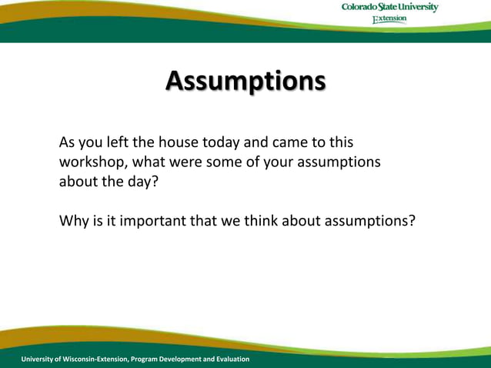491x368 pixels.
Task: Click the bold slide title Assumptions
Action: coord(245,81)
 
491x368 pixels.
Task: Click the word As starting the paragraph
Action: coord(68,143)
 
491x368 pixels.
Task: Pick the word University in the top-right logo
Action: coord(418,8)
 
